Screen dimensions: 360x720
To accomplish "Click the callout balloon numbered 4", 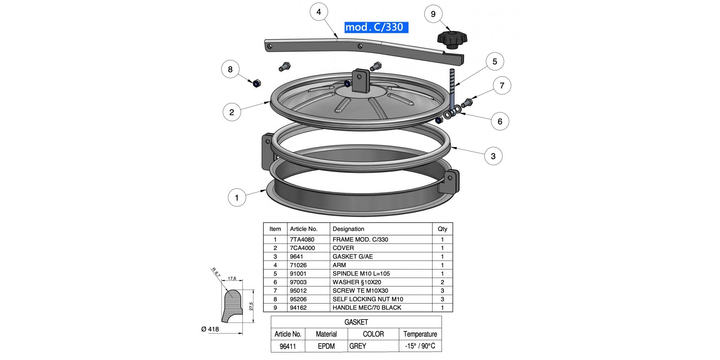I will coord(319,12).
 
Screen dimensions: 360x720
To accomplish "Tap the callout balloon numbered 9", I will coord(433,14).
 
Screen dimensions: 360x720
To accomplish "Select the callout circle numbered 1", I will coord(237,198).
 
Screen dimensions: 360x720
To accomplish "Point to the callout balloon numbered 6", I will coord(500,122).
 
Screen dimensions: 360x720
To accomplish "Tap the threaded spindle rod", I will coord(452,88).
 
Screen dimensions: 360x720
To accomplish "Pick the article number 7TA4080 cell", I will coord(302,240).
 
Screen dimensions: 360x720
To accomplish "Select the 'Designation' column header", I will coord(348,229).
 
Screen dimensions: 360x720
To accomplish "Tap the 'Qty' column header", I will coord(442,229).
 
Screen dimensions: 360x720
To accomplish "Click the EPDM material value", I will coord(326,346).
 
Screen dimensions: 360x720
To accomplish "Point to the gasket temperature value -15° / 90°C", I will coord(420,346).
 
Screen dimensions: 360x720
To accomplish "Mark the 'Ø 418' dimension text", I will coord(210,329).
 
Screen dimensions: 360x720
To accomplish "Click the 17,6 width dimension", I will coord(232,278).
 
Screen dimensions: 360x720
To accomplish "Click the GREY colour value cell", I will coord(358,346).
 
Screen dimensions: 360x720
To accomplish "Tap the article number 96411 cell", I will coord(288,346).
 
